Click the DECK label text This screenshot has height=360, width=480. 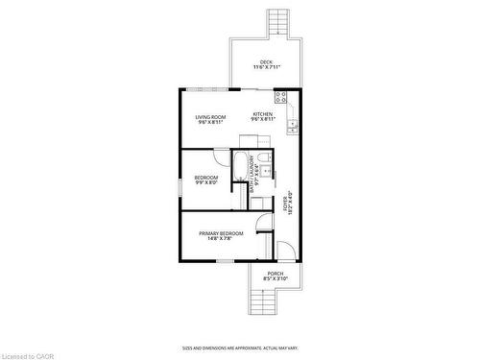(x=267, y=62)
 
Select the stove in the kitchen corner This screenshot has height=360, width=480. (x=280, y=97)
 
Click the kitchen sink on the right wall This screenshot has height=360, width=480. (x=293, y=123)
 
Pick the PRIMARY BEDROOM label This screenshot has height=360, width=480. (x=221, y=234)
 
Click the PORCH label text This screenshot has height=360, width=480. (x=276, y=274)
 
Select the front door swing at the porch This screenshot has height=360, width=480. (x=286, y=251)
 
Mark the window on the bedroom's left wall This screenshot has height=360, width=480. (x=180, y=186)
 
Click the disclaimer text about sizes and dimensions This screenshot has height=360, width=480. (x=240, y=348)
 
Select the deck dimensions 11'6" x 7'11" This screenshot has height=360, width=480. (x=267, y=68)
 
